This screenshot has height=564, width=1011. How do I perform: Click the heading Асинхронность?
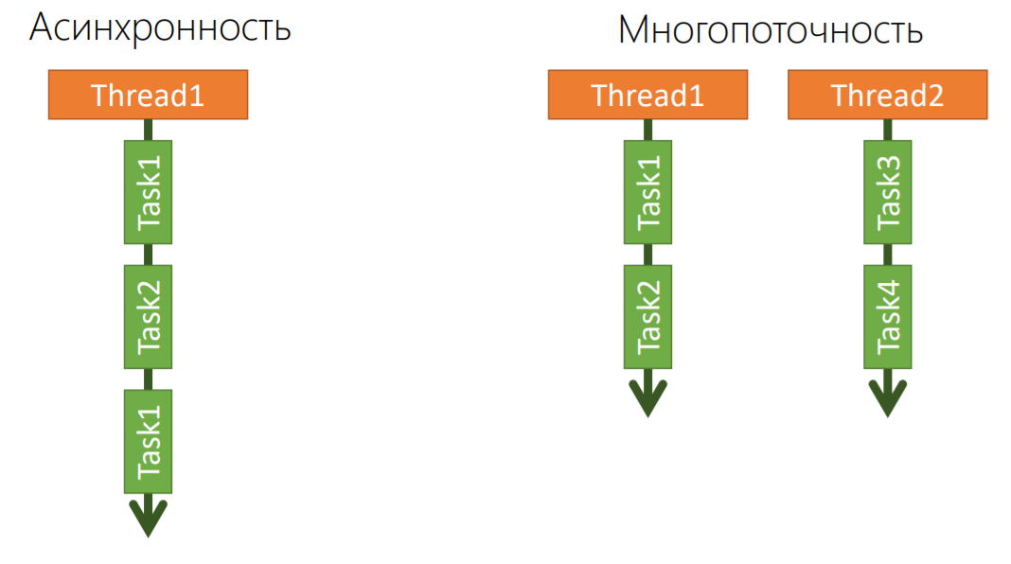[x=160, y=28]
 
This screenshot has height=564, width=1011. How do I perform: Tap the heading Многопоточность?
[x=770, y=30]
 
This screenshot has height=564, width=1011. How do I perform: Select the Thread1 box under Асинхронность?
[x=148, y=96]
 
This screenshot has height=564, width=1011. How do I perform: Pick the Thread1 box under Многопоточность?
[x=647, y=96]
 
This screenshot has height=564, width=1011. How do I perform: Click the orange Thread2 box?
[x=887, y=96]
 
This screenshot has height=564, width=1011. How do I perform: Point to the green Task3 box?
[x=888, y=192]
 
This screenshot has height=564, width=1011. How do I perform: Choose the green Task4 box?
[x=888, y=317]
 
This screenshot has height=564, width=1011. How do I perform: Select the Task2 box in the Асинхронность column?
[x=148, y=317]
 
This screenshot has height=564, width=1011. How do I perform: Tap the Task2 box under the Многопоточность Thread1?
[x=647, y=317]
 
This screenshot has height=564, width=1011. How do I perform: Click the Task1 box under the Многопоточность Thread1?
[x=647, y=192]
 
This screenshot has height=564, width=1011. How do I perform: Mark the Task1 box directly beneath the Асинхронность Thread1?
[x=148, y=192]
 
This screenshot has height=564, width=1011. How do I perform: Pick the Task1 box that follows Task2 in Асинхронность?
[x=148, y=441]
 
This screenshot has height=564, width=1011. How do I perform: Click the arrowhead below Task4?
[x=888, y=397]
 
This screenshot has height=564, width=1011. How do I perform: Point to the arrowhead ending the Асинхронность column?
[x=148, y=519]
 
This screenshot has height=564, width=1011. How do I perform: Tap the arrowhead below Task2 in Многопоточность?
[x=647, y=397]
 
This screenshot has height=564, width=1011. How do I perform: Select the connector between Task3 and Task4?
[x=888, y=255]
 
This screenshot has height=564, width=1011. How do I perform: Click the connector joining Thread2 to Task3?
[x=888, y=130]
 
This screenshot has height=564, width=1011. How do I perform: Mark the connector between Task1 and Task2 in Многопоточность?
[x=647, y=255]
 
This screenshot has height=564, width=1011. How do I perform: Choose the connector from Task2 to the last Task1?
[x=148, y=379]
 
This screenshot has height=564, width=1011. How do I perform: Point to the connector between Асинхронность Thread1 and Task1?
[x=148, y=130]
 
